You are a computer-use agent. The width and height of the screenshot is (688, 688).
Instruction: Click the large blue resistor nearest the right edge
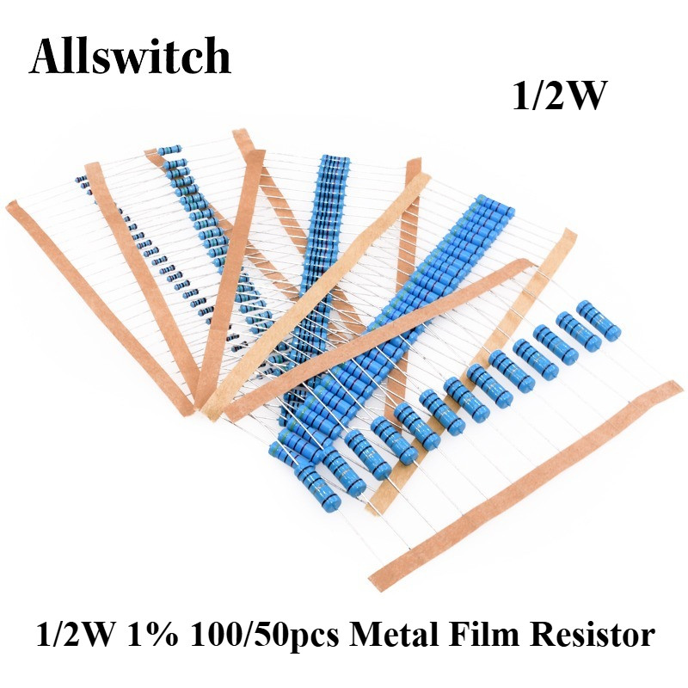599,321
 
